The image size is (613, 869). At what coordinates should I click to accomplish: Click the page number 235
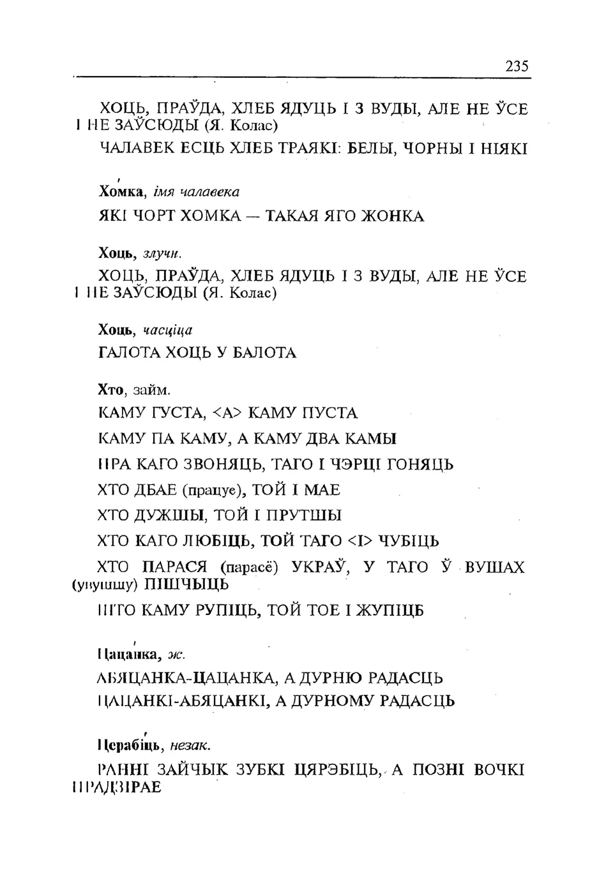click(x=517, y=66)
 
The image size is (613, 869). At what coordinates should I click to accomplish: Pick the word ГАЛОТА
click(x=130, y=353)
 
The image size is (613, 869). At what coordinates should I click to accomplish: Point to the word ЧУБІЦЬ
click(x=409, y=542)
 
